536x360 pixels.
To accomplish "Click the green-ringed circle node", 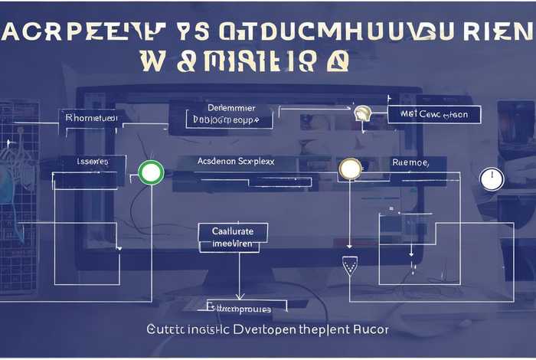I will [x=150, y=173].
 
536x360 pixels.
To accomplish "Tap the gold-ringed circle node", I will [x=349, y=169].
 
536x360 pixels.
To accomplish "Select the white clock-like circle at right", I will [x=490, y=179].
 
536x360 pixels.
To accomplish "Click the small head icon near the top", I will [x=361, y=113].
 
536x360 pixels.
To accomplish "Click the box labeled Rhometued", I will [x=91, y=118].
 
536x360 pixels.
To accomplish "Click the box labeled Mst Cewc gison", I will [x=433, y=115].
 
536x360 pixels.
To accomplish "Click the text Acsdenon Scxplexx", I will [x=237, y=162].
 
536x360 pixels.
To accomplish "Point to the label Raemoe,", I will [x=410, y=162].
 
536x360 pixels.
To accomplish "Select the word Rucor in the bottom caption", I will [x=371, y=329].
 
